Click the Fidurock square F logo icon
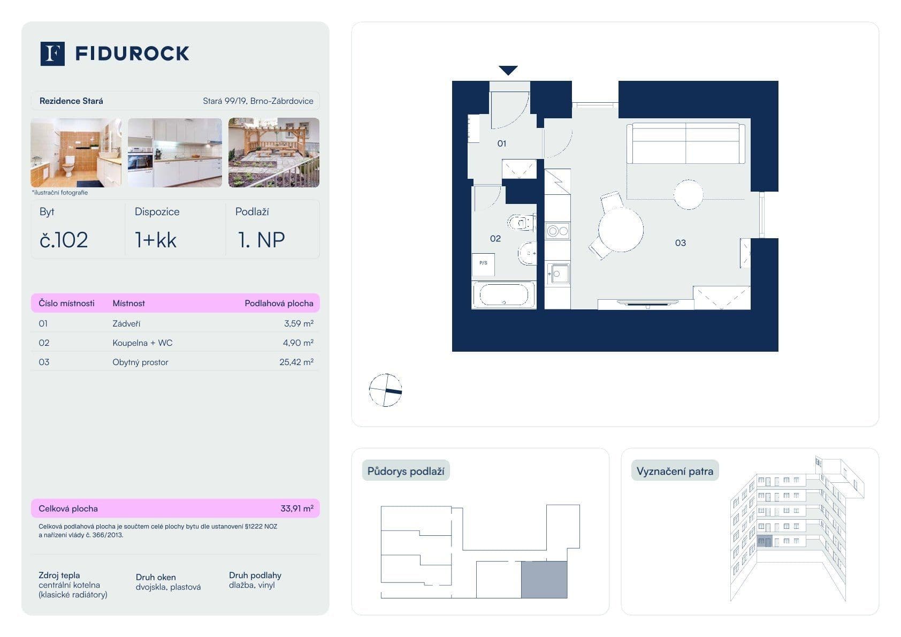pos(52,54)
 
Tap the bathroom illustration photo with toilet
pos(75,153)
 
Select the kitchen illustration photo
pos(174,153)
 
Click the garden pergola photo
pos(273,153)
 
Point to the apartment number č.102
pos(64,240)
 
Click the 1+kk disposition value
pos(156,240)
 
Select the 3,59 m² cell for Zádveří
pos(299,323)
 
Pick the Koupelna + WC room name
pos(142,343)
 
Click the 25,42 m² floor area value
pos(296,362)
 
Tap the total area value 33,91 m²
pos(296,509)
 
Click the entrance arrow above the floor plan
pos(508,70)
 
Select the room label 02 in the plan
pos(495,238)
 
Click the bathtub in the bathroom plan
pos(503,295)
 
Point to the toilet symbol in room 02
pos(521,222)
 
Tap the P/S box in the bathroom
pos(483,263)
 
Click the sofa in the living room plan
pos(685,143)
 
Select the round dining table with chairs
pos(620,229)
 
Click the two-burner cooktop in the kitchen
pos(558,231)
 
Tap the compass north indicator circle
pos(385,390)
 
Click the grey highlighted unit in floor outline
pos(544,580)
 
